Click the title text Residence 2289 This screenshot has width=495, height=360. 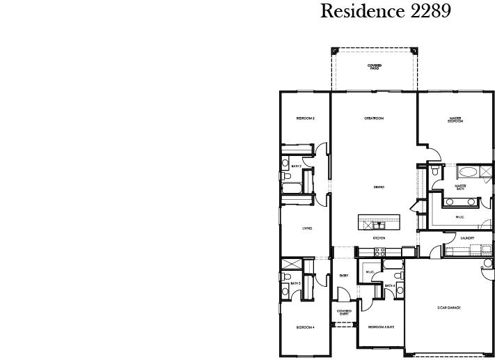tap(385, 12)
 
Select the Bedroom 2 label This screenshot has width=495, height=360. tap(306, 118)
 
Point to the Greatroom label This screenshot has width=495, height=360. tap(374, 118)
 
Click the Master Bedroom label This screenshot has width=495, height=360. tap(455, 120)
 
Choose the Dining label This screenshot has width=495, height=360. tap(379, 187)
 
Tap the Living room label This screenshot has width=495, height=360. tap(306, 228)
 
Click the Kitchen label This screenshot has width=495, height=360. tap(379, 238)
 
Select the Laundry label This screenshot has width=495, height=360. tap(468, 238)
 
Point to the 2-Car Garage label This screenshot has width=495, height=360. tap(448, 307)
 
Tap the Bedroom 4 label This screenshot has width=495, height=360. tap(305, 327)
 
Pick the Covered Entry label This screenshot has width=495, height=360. tap(344, 312)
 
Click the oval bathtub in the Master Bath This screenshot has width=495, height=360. tap(467, 171)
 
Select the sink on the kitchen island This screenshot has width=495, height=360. tap(379, 225)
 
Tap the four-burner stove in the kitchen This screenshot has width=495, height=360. tap(379, 251)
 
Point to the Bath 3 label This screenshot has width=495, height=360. tap(295, 283)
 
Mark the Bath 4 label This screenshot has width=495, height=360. tap(391, 285)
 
